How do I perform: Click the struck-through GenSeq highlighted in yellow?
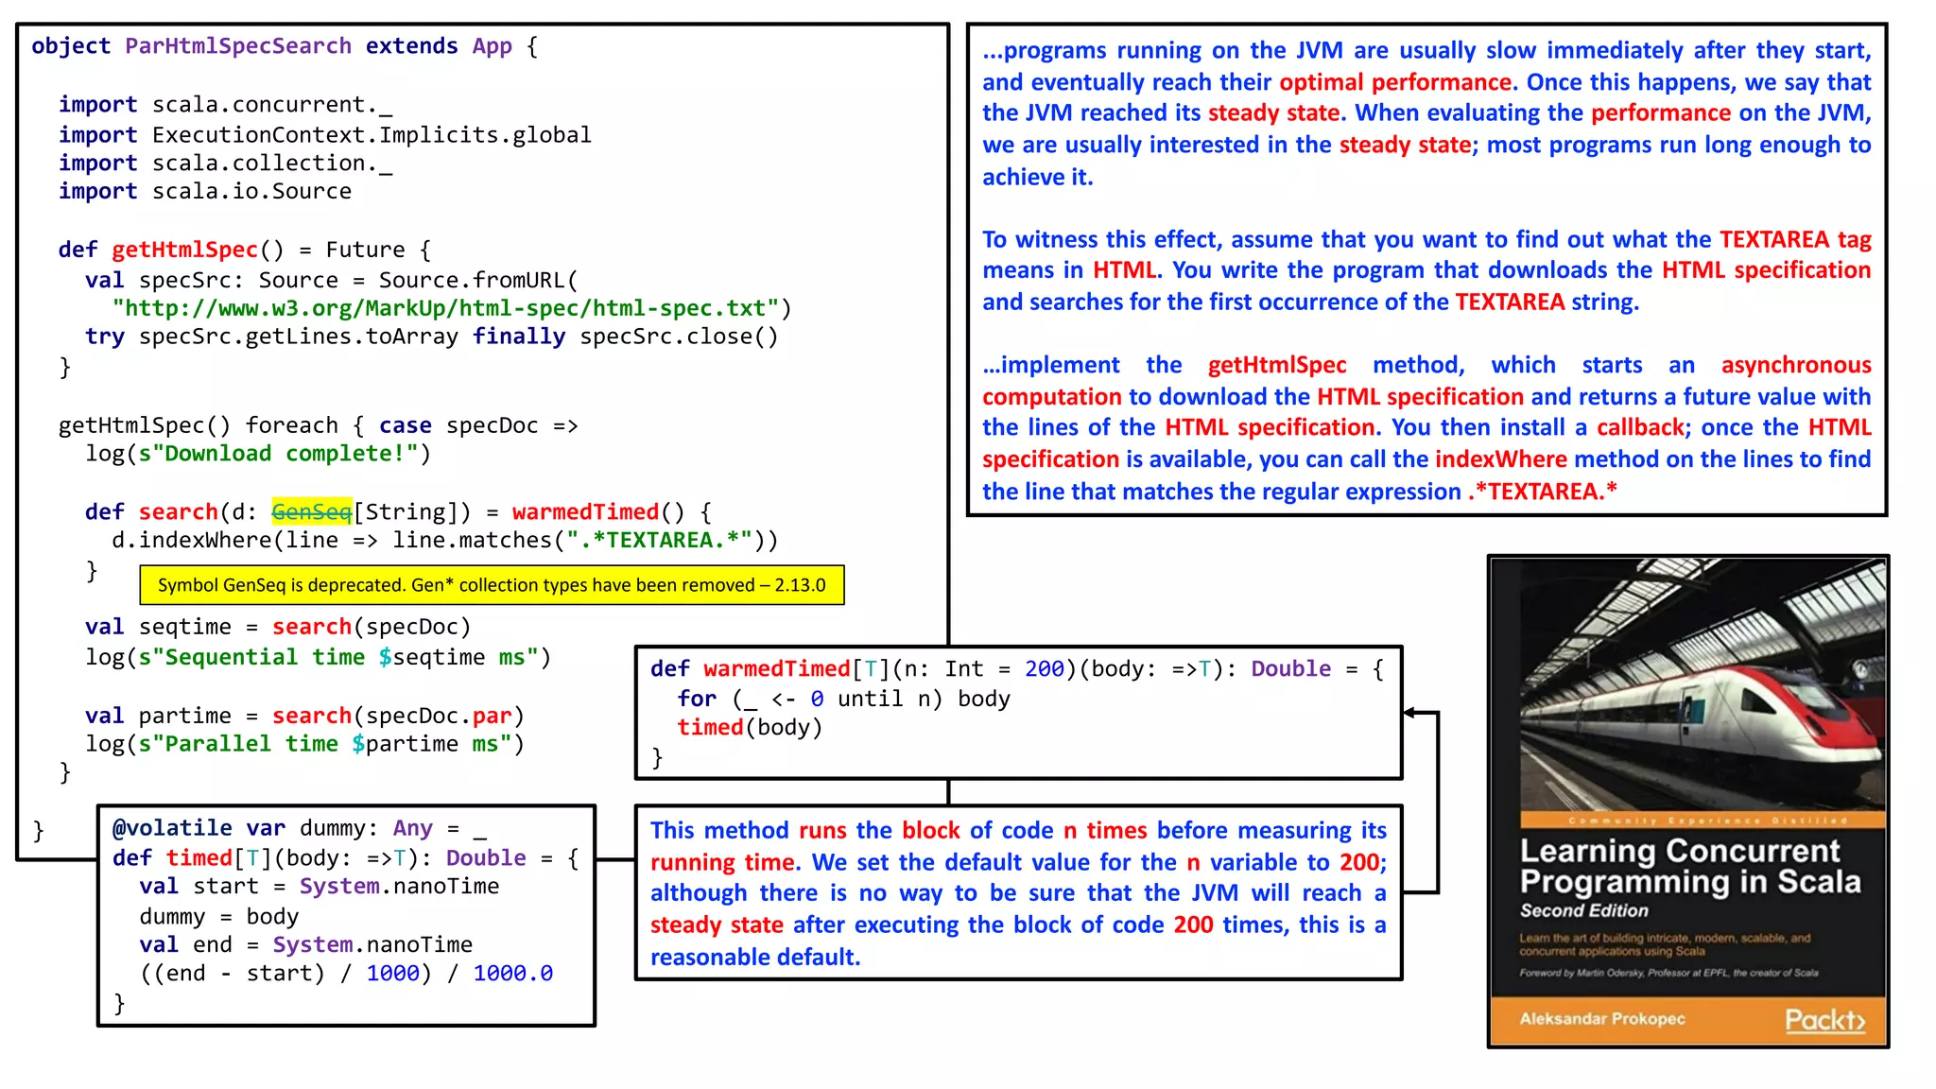pos(311,511)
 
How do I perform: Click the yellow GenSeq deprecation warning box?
pos(492,585)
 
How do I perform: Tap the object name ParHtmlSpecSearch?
pos(238,46)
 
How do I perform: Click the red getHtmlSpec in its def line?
pos(184,250)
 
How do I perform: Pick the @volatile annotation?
pos(172,828)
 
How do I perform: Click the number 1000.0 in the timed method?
pos(512,973)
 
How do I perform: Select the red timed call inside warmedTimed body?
pos(710,727)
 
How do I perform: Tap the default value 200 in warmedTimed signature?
pos(1044,669)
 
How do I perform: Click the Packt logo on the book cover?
pos(1824,1020)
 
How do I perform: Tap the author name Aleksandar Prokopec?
pos(1601,1019)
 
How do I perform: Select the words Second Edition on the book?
pos(1583,910)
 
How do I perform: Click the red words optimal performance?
pos(1395,82)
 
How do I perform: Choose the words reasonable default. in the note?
pos(754,957)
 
